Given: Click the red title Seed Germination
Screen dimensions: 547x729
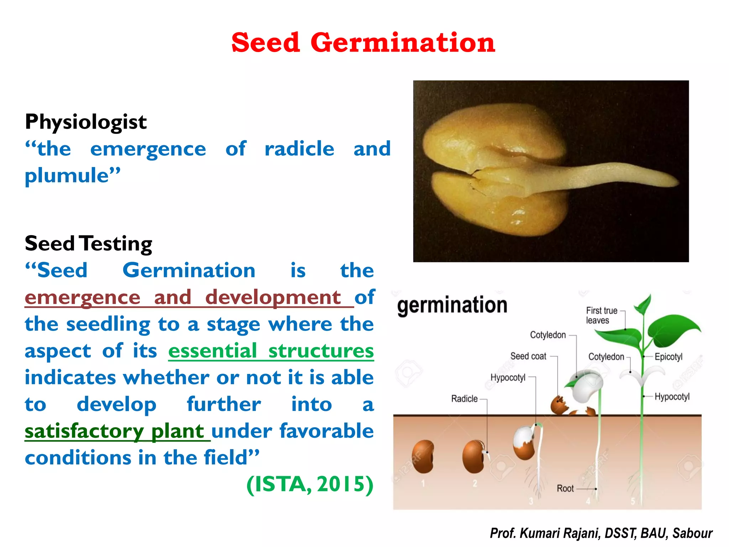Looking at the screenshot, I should pos(363,43).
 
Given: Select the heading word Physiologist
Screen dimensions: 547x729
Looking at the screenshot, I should pos(86,122).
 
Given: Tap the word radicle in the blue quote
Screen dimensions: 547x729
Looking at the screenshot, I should pos(299,149).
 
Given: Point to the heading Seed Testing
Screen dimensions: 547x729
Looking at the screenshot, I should pos(88,244).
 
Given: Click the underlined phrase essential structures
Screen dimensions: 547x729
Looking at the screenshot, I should pos(271,351).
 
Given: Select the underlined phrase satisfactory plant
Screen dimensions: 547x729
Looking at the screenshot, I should pos(114,431).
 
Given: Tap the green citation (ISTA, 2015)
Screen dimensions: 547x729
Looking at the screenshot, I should pos(310,484).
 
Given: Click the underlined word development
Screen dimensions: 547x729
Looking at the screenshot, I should pos(273,297).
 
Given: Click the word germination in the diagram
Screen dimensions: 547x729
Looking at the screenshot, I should pos(452,306).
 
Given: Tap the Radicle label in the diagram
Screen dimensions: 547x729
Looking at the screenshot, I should pos(464,399).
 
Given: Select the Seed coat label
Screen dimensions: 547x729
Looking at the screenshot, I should pos(528,356).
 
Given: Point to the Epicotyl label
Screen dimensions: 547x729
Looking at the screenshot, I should pos(668,357).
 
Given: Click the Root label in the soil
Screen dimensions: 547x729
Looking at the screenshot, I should pos(565,489).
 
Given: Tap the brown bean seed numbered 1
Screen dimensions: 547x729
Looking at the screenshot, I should pos(423,457).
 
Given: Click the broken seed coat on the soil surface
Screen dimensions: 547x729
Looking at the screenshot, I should pos(559,405).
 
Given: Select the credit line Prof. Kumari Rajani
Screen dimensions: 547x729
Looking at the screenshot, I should pos(601,533).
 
